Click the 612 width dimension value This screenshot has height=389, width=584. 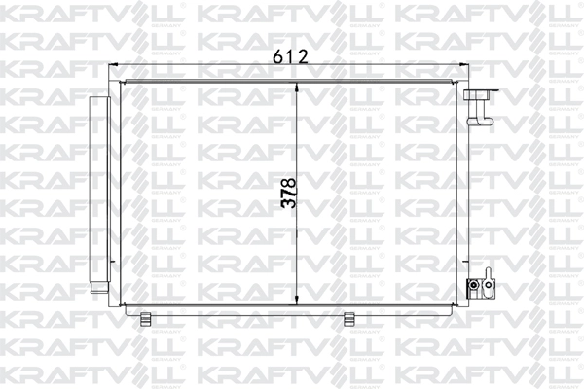click(290, 56)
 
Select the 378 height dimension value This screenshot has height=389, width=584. click(286, 194)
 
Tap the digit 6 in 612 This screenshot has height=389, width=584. click(277, 56)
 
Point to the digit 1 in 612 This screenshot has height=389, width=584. click(290, 56)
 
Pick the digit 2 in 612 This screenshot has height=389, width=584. click(302, 56)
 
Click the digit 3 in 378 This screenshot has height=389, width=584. click(286, 206)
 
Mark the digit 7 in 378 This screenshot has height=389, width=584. click(286, 194)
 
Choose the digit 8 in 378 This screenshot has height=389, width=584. click(286, 181)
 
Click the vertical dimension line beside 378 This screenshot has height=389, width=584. click(297, 243)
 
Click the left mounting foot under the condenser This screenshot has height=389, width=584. click(146, 317)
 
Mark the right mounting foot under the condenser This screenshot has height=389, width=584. click(348, 317)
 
